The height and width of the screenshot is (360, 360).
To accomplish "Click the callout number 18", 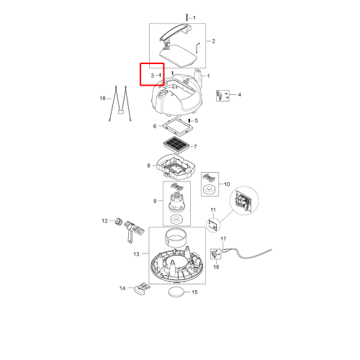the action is point(102,98).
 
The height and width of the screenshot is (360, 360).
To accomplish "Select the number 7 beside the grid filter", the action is point(195,146).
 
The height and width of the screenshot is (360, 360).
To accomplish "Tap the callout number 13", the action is point(136,254).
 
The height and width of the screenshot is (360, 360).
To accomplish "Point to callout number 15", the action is point(194,292).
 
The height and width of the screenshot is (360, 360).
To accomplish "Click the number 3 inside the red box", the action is point(152,76).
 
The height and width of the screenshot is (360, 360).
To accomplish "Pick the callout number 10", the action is point(227,184).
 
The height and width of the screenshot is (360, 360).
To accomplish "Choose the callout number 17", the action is point(223,238).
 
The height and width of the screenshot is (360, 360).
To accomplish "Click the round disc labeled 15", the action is point(177,292).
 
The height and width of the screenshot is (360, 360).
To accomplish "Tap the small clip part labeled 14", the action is point(142,288).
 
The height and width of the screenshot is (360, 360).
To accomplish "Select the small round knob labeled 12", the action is point(118,221).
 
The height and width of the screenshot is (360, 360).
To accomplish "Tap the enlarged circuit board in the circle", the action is point(244,199).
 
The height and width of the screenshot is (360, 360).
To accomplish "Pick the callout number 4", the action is point(240,94).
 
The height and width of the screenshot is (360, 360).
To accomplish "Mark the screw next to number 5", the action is point(189,120).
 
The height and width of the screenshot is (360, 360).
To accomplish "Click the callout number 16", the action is point(216,267).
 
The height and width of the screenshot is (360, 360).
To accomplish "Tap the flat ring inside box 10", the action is point(210,190).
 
